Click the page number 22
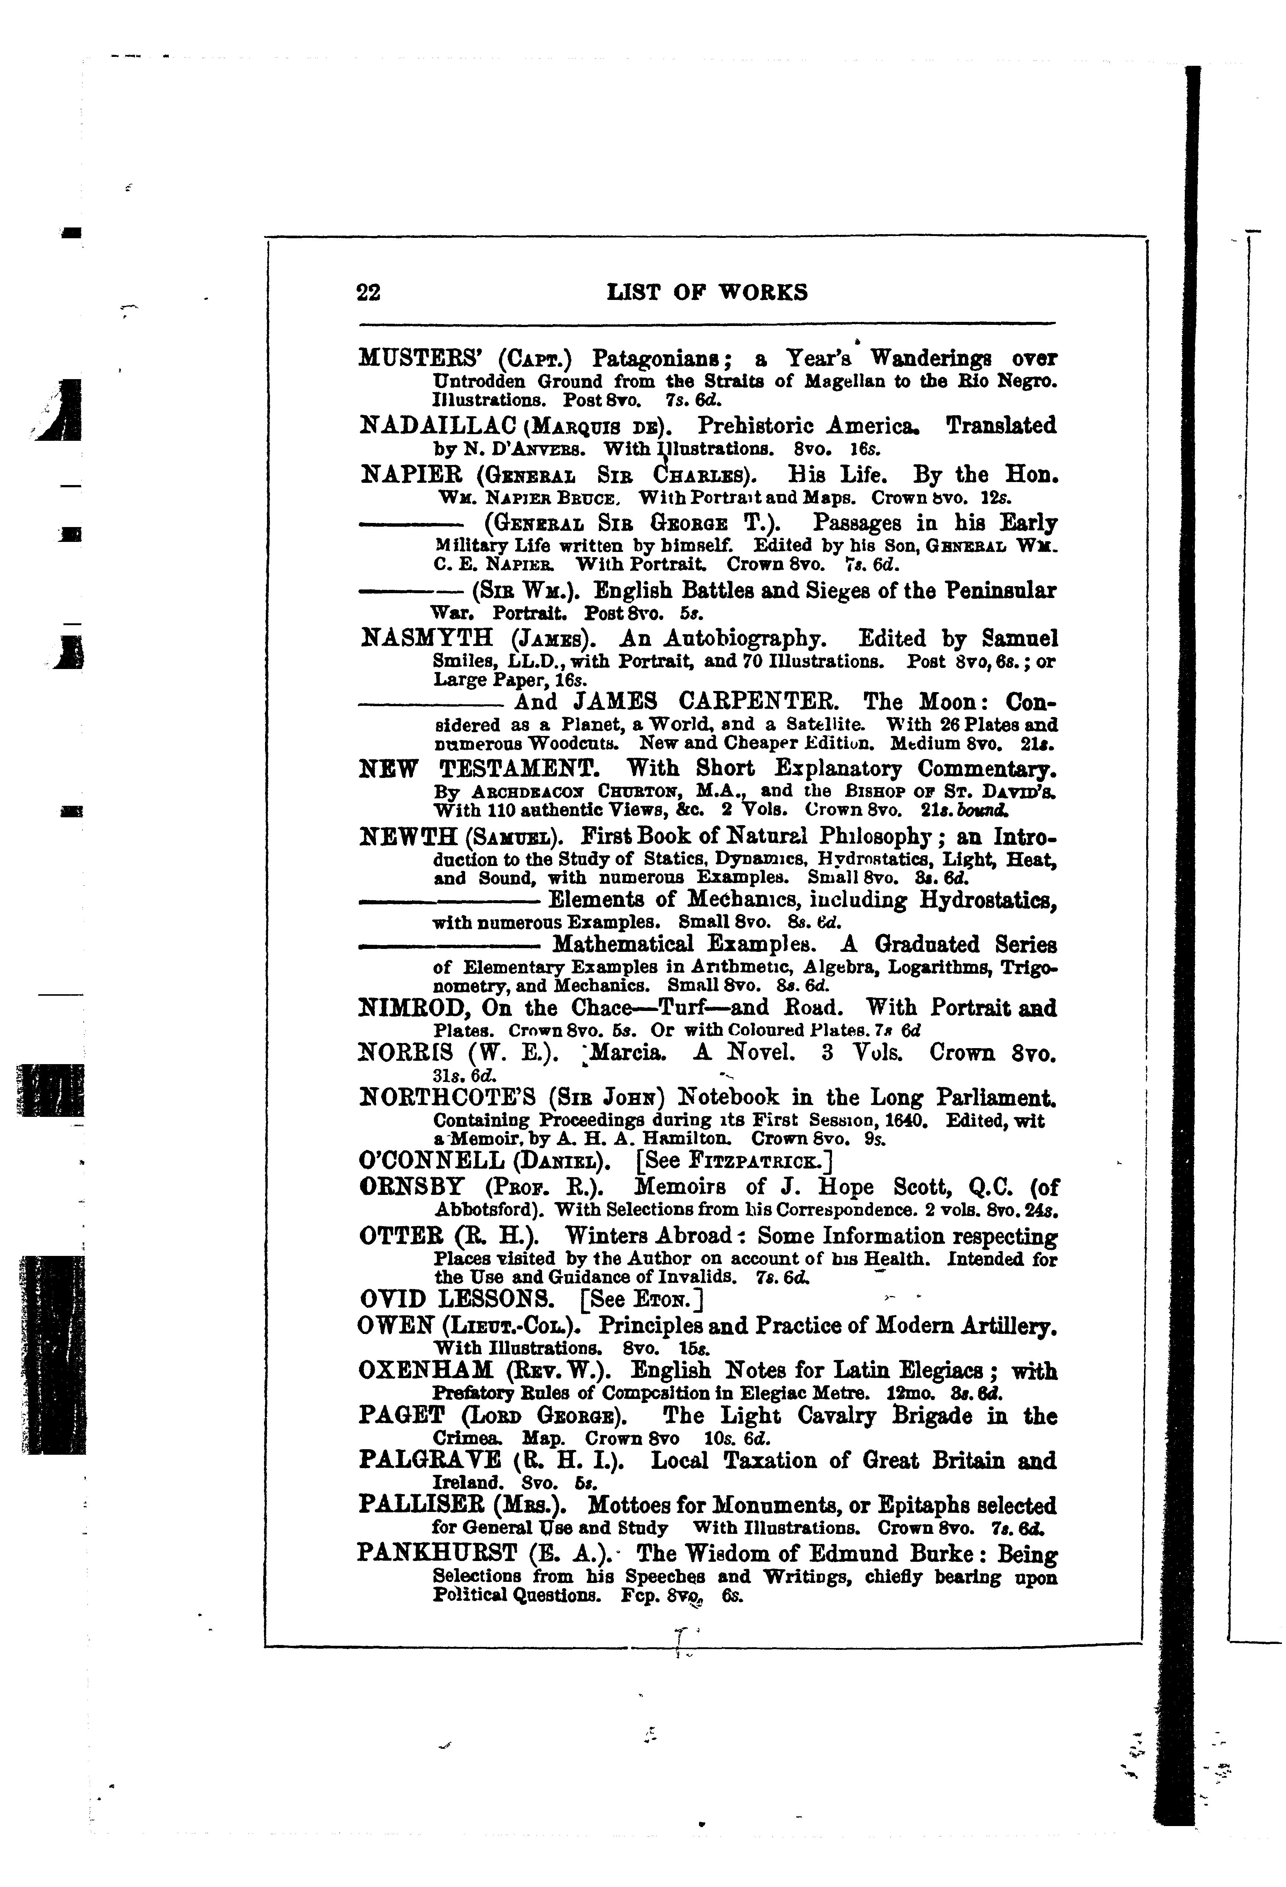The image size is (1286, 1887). [368, 292]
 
